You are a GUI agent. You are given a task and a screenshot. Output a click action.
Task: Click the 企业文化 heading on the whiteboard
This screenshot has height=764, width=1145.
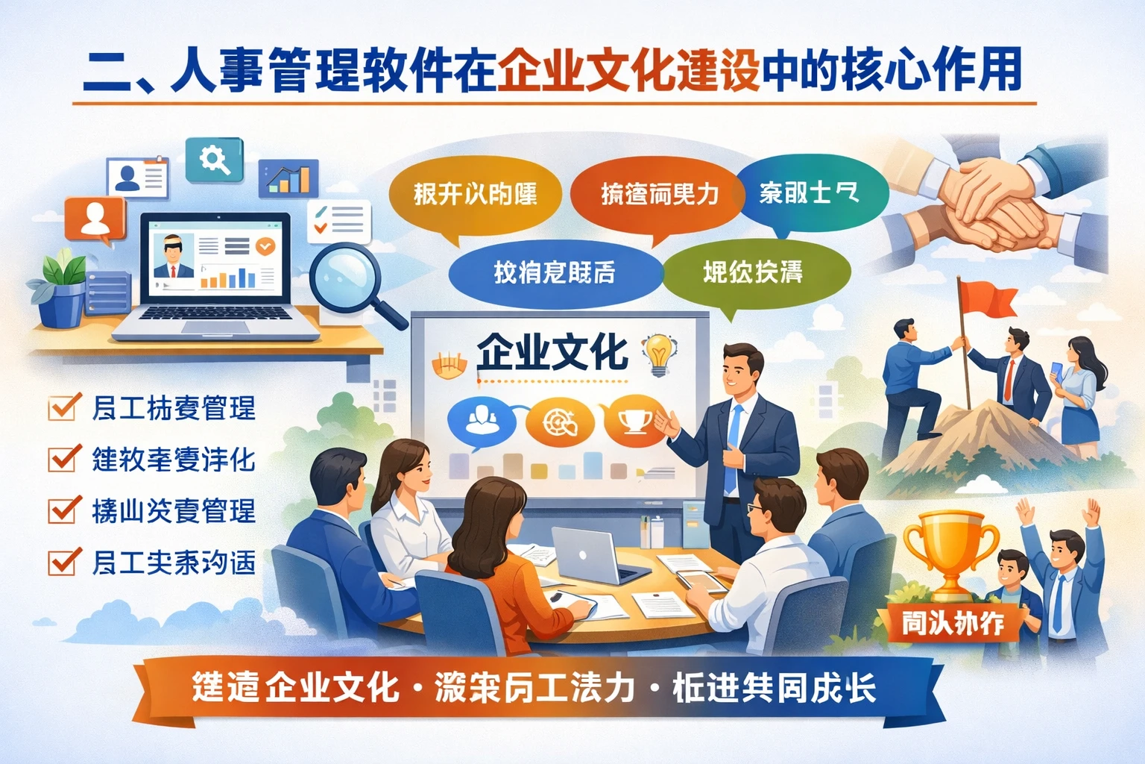(x=552, y=351)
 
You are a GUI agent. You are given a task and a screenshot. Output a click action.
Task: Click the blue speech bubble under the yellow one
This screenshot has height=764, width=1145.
(x=555, y=272)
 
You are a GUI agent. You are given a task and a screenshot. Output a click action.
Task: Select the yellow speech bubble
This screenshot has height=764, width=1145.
(x=475, y=195)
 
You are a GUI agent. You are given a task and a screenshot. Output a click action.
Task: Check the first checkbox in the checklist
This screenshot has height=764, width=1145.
(x=64, y=407)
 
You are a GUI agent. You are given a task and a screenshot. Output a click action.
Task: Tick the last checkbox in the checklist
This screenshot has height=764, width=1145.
(x=64, y=562)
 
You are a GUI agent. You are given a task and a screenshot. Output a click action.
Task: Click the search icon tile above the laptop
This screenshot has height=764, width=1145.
(x=215, y=159)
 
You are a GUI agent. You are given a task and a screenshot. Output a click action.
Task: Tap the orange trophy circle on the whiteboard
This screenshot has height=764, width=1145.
(x=634, y=422)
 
